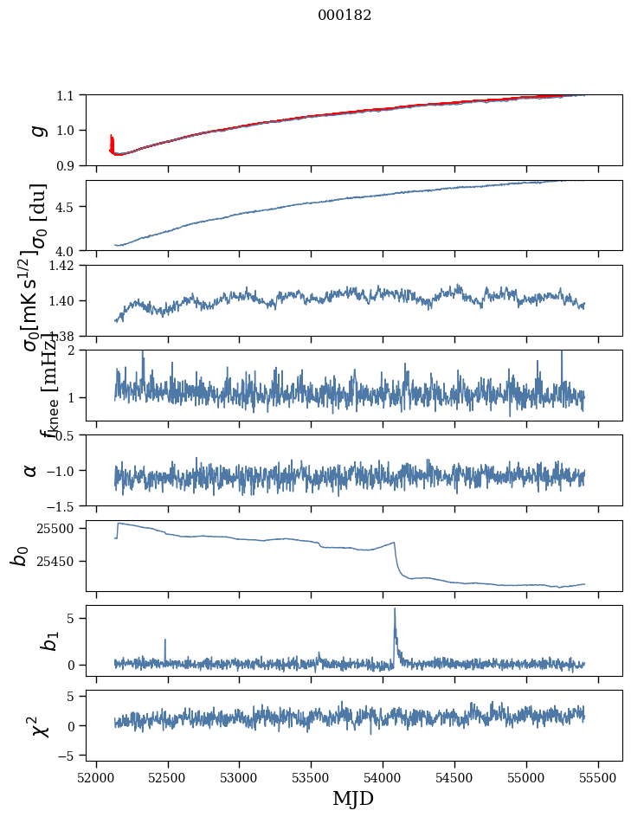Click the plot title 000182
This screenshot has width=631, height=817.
coord(344,16)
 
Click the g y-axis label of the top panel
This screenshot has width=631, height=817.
coord(36,130)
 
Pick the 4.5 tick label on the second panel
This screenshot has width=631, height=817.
coord(68,207)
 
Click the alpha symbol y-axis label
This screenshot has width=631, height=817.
coord(30,470)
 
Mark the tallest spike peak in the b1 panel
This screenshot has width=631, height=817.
coord(395,608)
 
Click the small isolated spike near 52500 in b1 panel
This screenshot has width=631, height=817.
coord(164,640)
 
